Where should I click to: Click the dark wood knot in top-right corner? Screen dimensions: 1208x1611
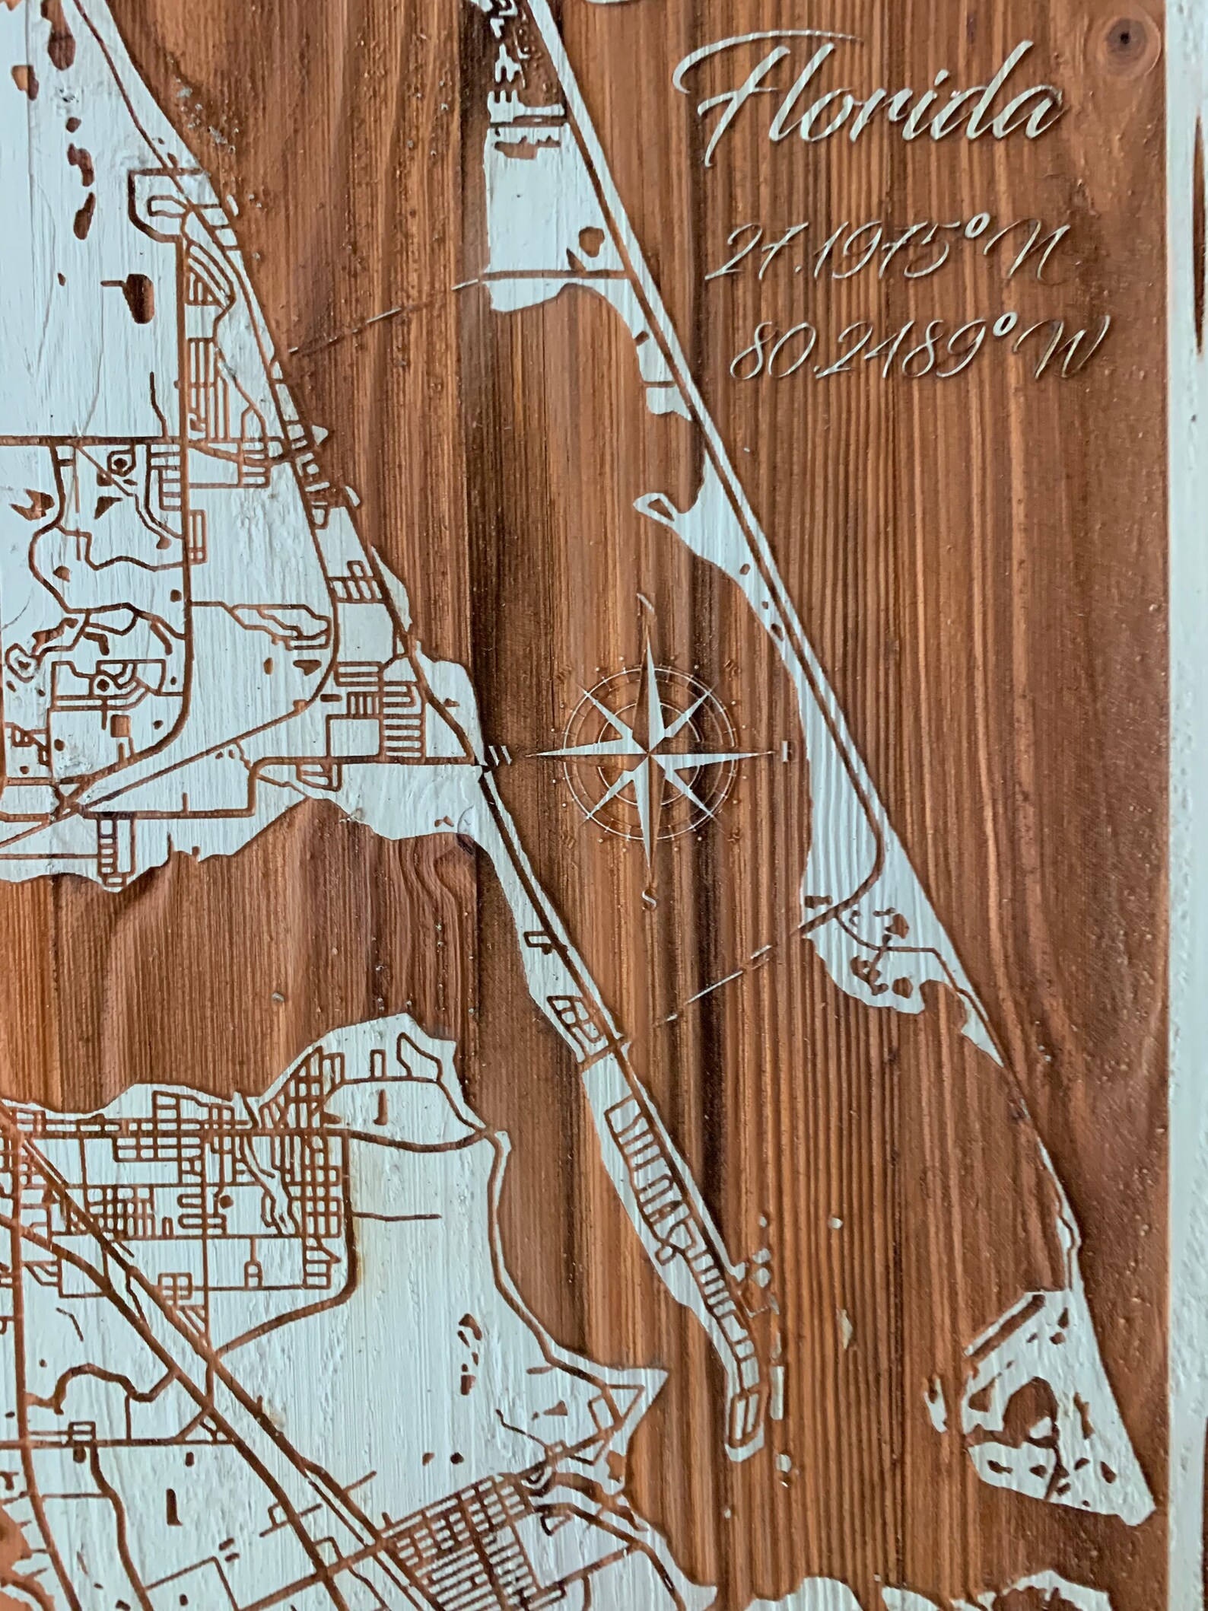1125,33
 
